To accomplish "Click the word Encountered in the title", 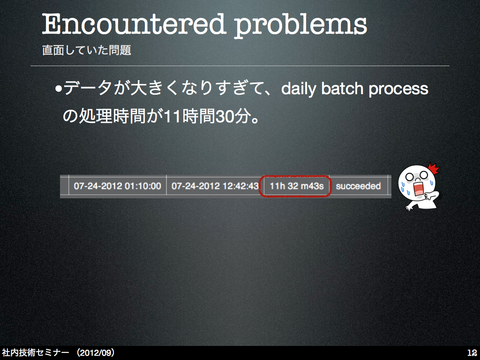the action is coord(133,24).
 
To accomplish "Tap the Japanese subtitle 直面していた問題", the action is coord(87,50).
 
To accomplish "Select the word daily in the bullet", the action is coord(299,89).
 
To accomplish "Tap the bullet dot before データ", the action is coord(58,90).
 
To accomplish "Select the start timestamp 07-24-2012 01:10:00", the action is coord(117,186).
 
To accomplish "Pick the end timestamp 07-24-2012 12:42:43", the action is coord(215,186).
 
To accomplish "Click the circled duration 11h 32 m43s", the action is coord(296,186).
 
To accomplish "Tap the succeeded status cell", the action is coord(358,186).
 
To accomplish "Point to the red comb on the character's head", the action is coord(434,169).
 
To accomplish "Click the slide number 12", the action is coord(472,352).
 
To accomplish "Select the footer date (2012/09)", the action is coord(96,352).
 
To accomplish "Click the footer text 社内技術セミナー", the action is coord(36,352).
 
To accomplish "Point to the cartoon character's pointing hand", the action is coord(432,196).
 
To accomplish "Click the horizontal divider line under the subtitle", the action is coord(240,66).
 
